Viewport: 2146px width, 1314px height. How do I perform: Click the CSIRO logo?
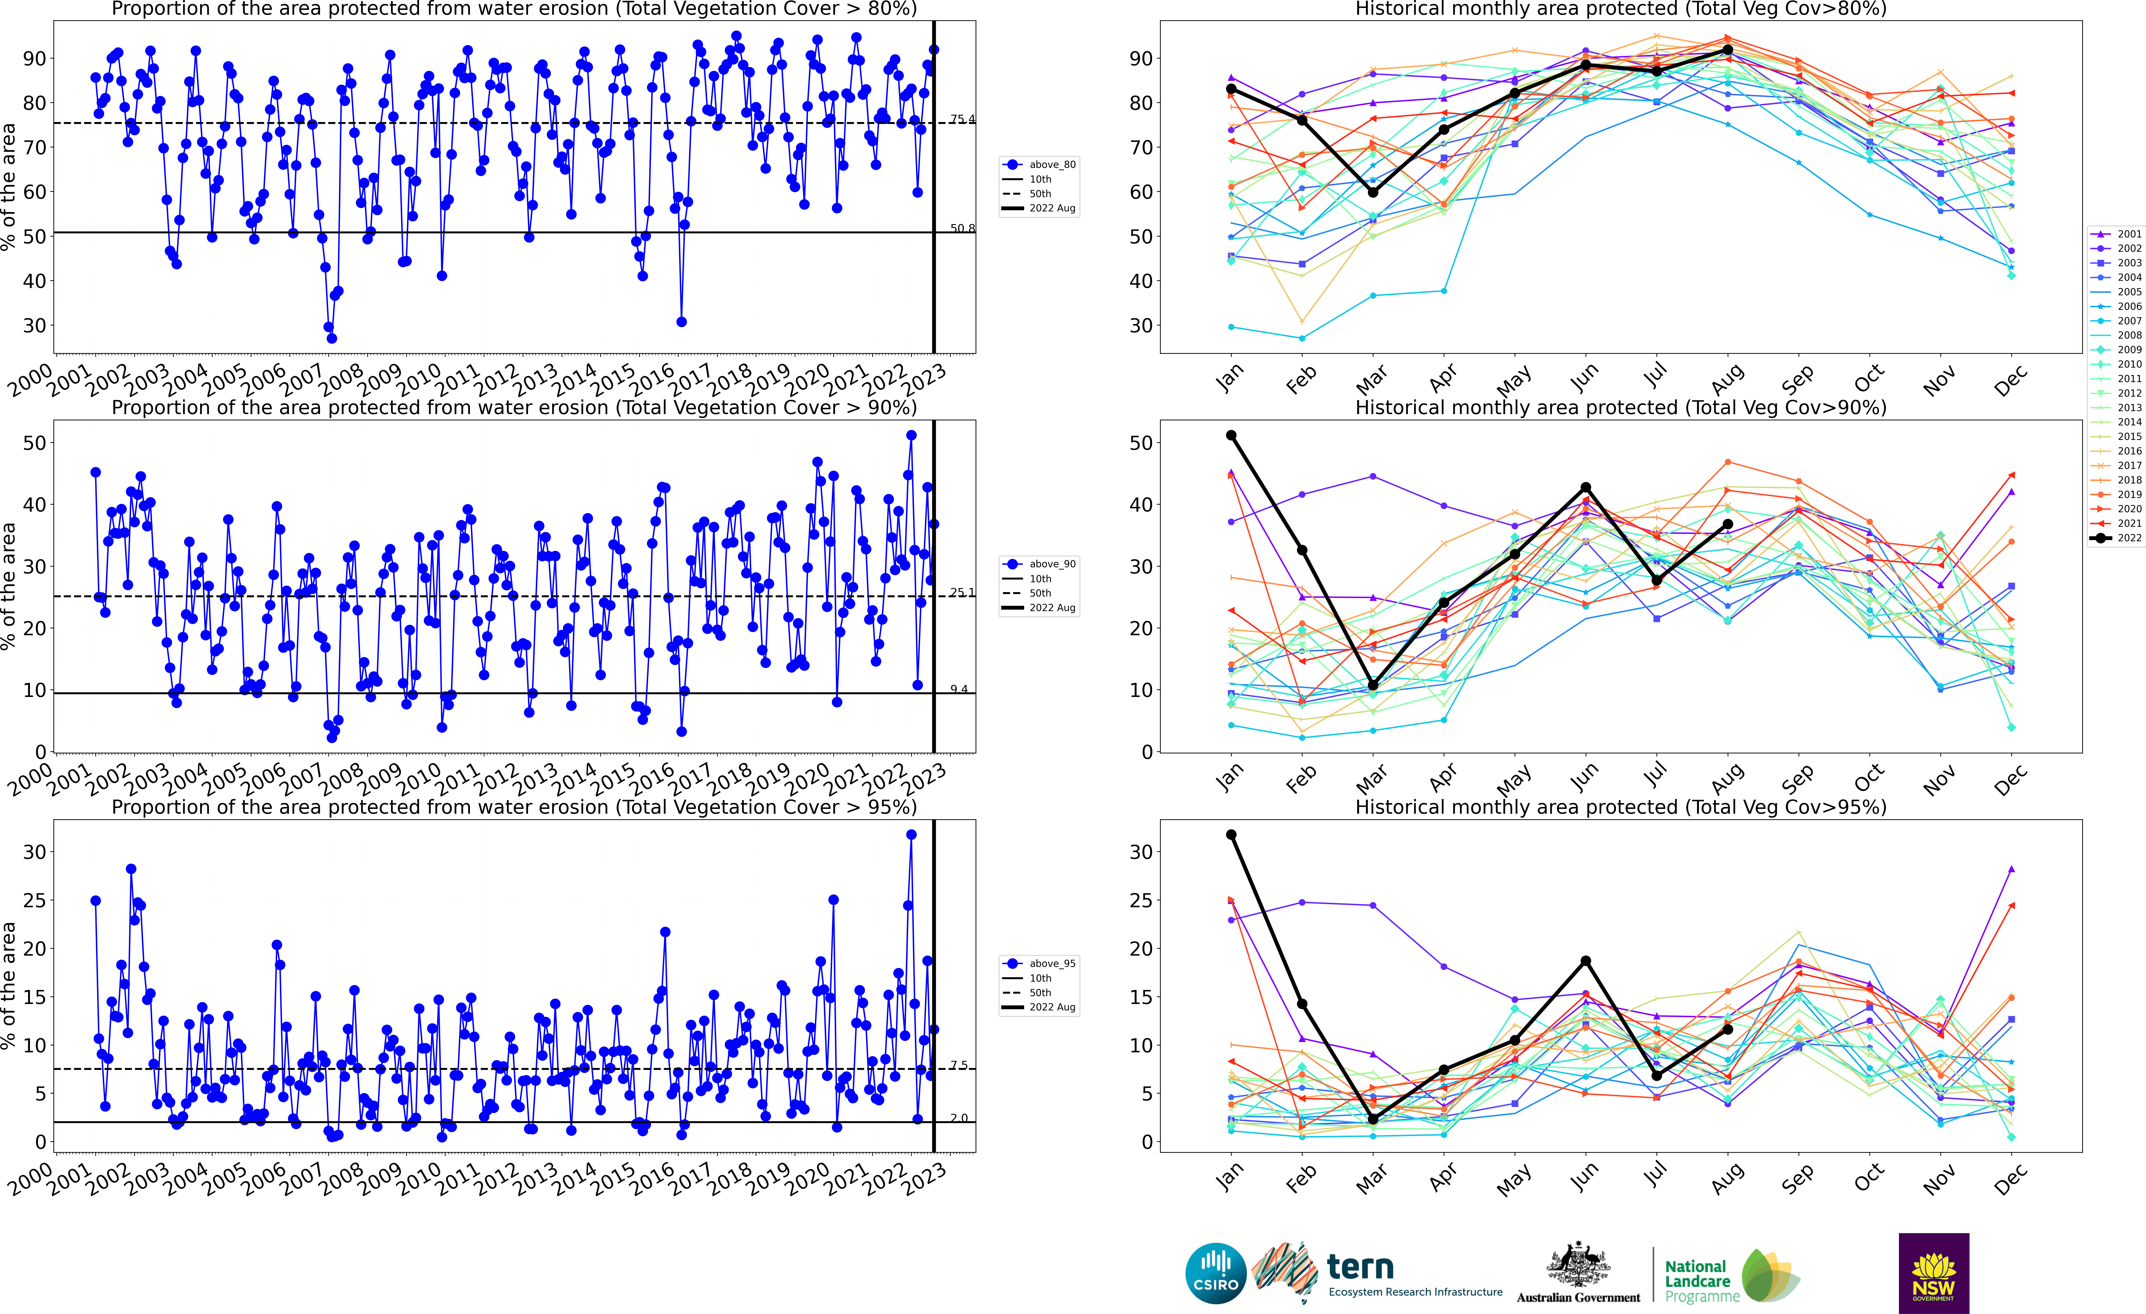click(x=1216, y=1273)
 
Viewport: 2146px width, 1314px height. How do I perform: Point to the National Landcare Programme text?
click(x=1696, y=1281)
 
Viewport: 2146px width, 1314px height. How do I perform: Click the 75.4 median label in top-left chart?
click(x=962, y=119)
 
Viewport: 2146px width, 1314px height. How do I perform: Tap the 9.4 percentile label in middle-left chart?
click(x=959, y=689)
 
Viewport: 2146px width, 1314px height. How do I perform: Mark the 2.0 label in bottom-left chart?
click(x=959, y=1118)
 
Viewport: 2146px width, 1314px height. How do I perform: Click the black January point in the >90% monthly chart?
click(x=1231, y=435)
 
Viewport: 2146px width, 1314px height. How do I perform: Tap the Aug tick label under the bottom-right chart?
click(x=1727, y=1178)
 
